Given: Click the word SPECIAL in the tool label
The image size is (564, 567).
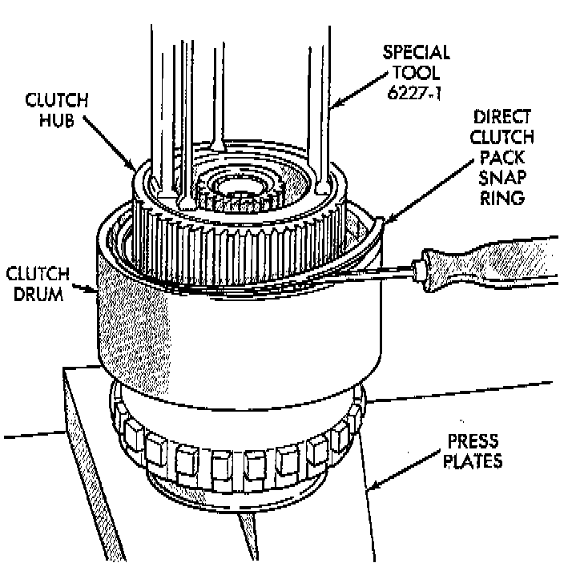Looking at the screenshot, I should [415, 54].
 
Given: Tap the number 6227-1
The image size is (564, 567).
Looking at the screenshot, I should [415, 94].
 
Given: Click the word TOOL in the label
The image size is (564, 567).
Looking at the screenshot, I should [415, 74].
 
